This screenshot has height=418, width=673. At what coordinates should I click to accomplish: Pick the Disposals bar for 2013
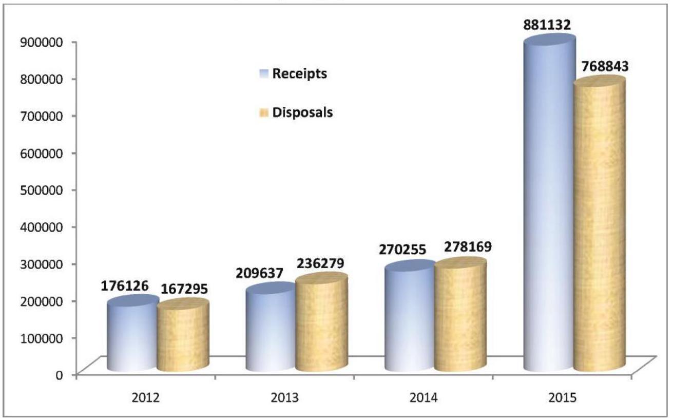coord(322,324)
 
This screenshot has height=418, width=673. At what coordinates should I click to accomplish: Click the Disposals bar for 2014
coord(460,316)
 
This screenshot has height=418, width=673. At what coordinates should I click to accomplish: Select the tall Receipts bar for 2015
coord(549,205)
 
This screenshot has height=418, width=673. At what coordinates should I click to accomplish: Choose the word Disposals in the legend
coord(302,112)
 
